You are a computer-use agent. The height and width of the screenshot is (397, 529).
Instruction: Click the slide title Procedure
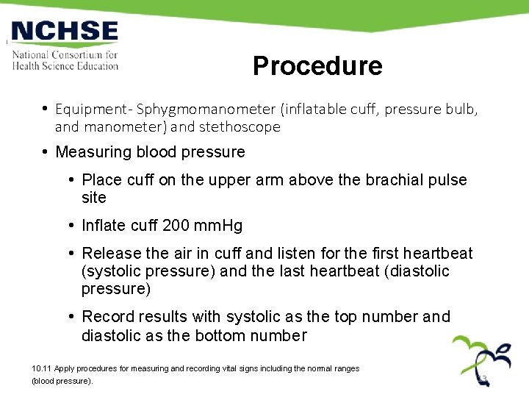coord(317,66)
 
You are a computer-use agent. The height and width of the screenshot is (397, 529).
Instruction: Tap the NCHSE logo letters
coord(65,32)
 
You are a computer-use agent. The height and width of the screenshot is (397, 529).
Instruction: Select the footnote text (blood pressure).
coord(62,382)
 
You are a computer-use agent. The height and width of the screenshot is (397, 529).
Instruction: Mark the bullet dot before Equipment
coord(46,110)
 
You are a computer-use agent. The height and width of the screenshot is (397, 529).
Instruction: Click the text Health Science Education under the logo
coord(65,66)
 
